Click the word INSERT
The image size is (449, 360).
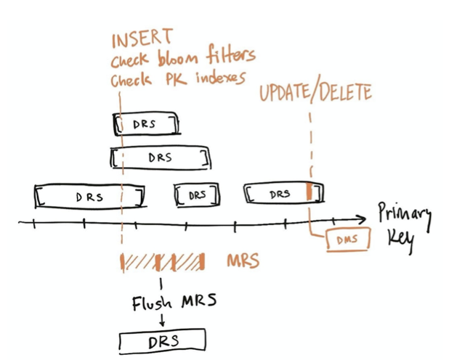142,38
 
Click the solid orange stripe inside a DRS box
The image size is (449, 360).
309,193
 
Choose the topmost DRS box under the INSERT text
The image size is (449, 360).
145,124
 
